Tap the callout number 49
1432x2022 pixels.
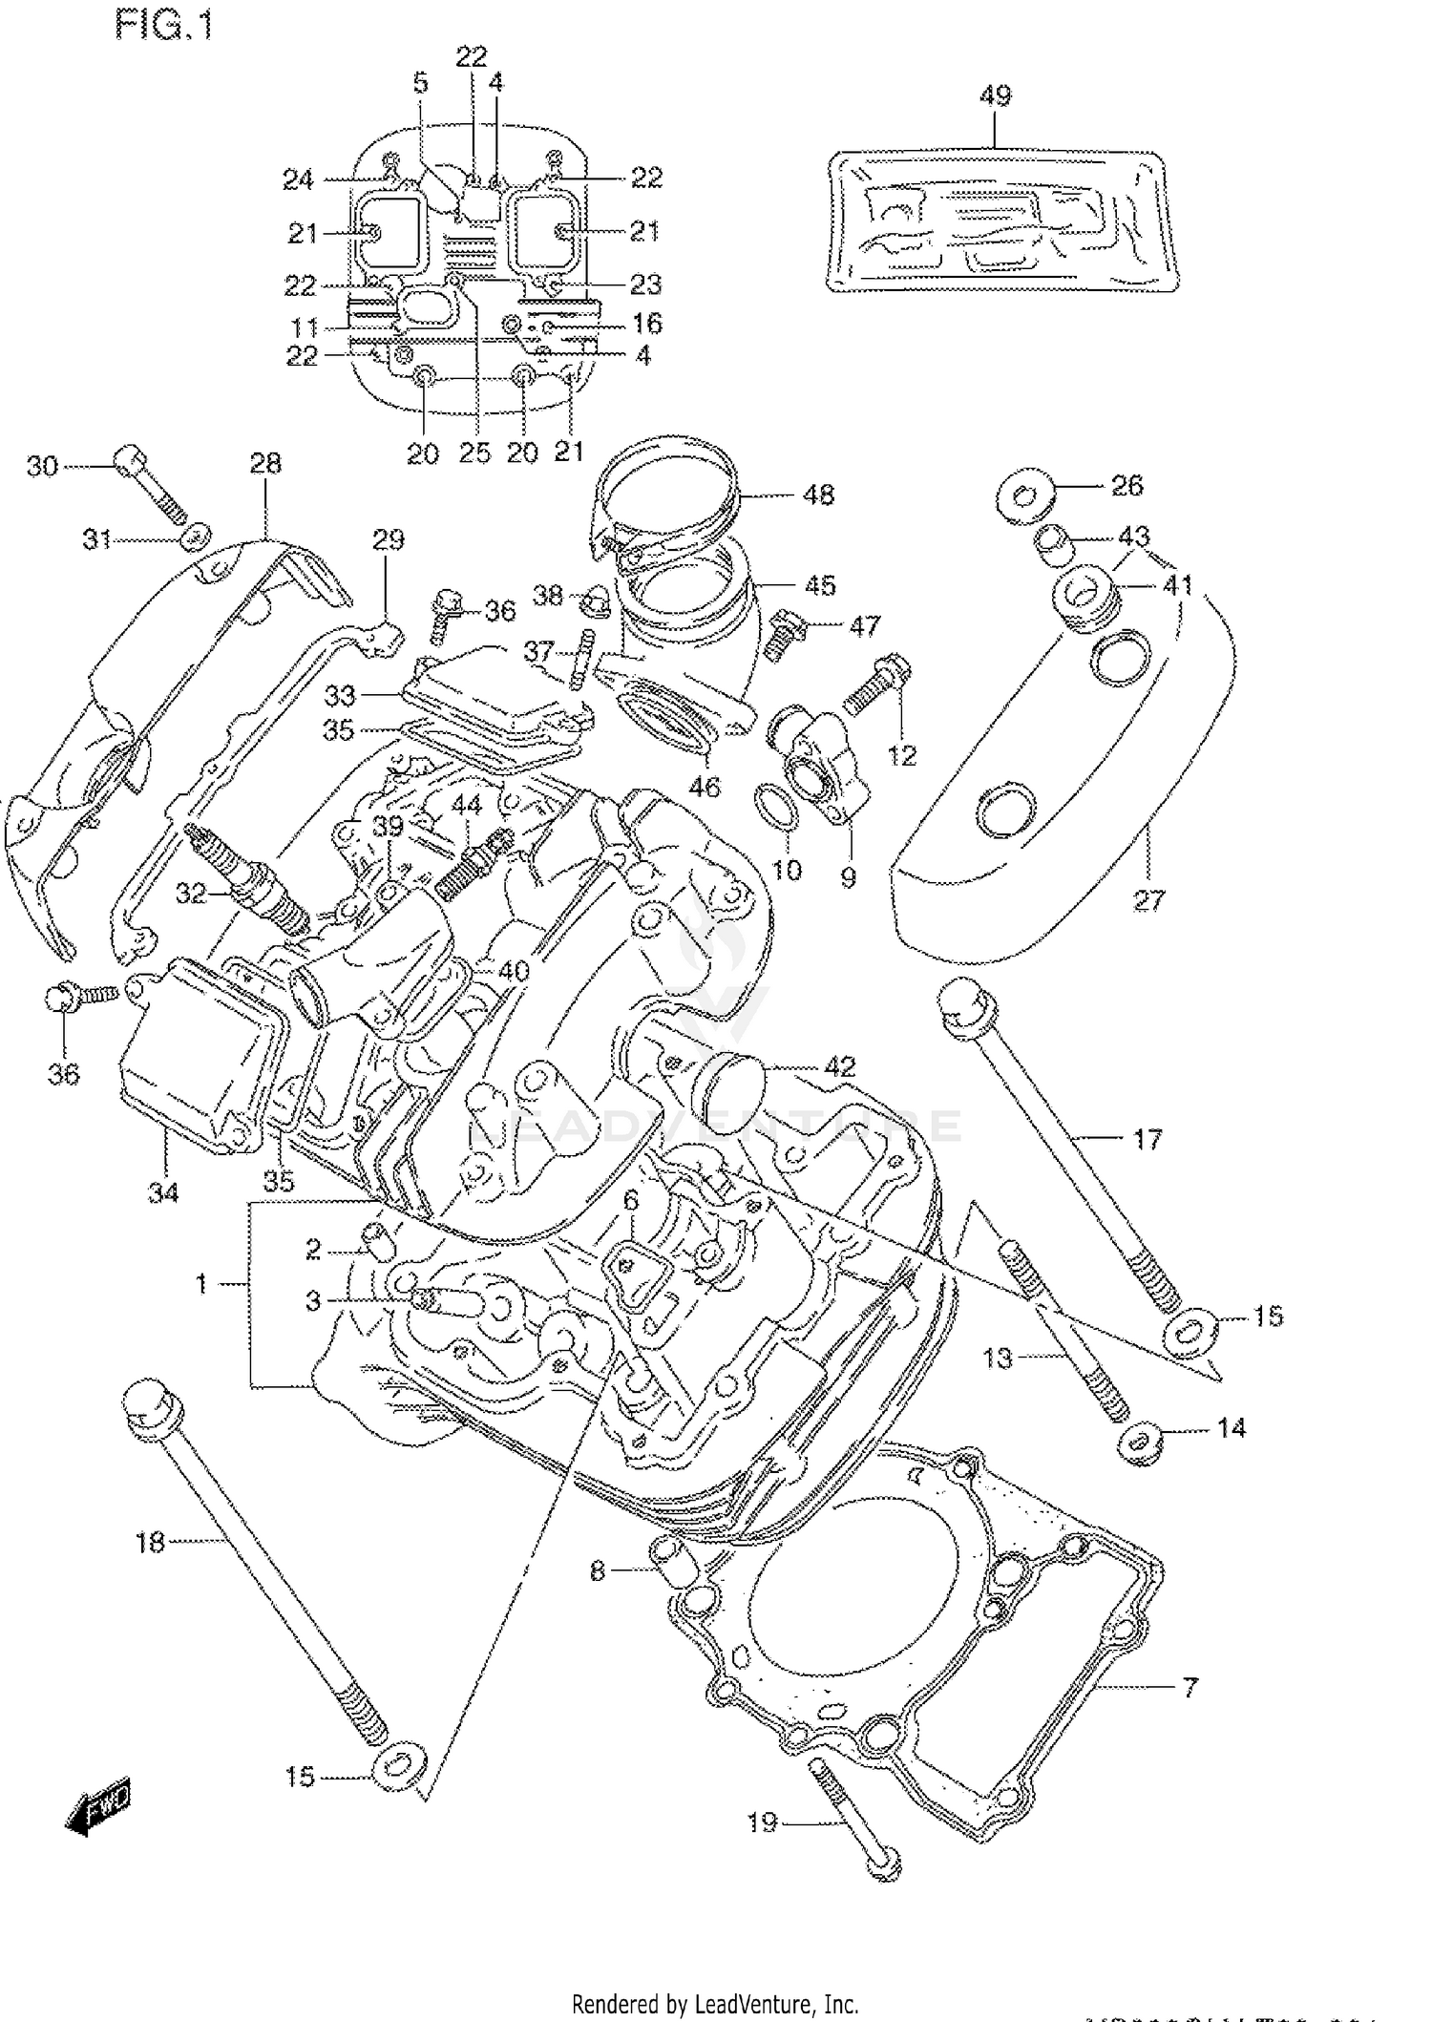(995, 95)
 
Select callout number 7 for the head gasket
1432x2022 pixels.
(1189, 1687)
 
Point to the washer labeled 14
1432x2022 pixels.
(1138, 1443)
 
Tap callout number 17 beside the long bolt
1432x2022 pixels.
(1147, 1138)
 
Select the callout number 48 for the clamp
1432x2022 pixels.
(819, 495)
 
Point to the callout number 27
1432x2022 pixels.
(1148, 899)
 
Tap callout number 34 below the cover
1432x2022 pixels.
(163, 1191)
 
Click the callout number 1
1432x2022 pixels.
(201, 1284)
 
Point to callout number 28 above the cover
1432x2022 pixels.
(265, 463)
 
